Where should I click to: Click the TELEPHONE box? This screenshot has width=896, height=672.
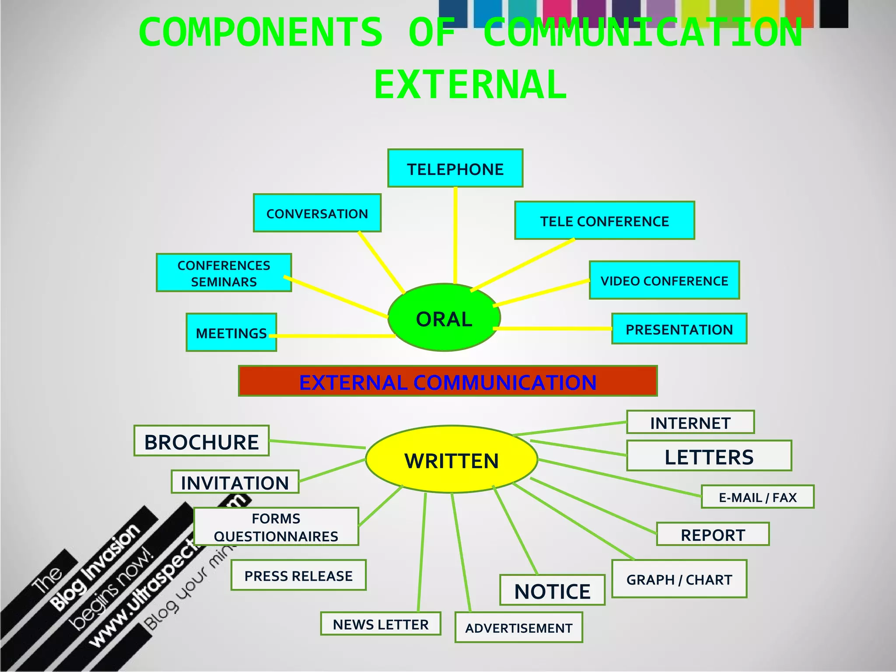coord(455,168)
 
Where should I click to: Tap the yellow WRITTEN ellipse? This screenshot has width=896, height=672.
coord(451,460)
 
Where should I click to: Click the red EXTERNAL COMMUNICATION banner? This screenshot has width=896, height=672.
coord(448,381)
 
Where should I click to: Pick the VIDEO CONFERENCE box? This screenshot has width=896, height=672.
coord(664,280)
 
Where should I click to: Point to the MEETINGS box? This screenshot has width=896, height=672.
coord(231,332)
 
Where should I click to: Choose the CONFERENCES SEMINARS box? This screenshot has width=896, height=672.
coord(224,273)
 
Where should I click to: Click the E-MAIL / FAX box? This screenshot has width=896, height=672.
coord(757,497)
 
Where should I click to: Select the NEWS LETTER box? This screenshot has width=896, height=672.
coord(380,624)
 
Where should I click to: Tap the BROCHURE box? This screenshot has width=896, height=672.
coord(201,441)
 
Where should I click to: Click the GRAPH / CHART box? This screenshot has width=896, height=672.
coord(679,579)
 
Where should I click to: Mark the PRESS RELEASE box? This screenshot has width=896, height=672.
coord(298,575)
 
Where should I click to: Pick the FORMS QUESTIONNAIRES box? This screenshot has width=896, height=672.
coord(276,527)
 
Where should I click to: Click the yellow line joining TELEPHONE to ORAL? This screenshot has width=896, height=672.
coord(455,236)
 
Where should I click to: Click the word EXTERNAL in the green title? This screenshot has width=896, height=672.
coord(470,85)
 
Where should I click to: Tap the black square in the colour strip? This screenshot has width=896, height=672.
coord(833,13)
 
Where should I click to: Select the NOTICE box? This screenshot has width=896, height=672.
coord(552,591)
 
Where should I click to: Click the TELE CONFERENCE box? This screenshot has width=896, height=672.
coord(604,221)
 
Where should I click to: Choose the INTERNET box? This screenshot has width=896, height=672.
coord(690,423)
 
